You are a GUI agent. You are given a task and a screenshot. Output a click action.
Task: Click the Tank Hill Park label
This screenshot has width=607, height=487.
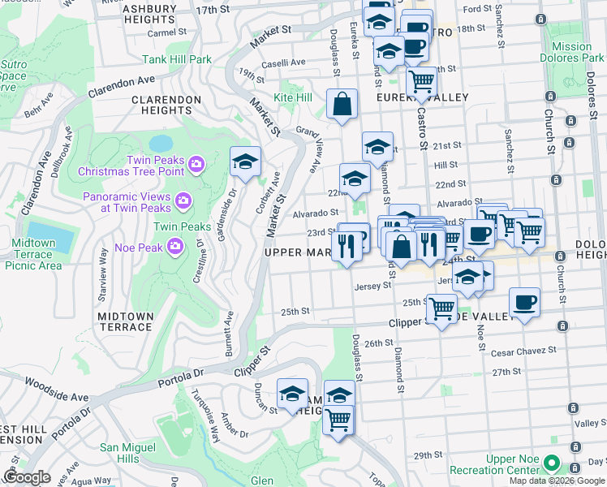177,59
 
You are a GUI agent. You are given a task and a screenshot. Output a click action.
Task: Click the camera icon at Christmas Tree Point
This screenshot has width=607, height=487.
196,166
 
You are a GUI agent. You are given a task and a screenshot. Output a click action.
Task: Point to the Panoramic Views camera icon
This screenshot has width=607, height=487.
183,199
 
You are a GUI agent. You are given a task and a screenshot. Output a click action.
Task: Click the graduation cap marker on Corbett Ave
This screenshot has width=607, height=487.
245,162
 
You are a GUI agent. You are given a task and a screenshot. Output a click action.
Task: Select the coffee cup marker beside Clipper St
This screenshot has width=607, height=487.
524,302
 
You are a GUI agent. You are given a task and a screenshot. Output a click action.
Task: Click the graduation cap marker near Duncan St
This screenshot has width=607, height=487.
292,394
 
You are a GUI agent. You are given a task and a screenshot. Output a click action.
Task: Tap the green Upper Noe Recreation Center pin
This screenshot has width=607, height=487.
552,463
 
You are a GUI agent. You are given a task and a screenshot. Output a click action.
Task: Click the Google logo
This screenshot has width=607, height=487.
27,477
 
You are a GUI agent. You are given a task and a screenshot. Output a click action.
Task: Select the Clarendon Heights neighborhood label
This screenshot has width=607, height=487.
166,105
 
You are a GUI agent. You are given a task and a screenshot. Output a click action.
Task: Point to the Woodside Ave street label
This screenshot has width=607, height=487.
55,398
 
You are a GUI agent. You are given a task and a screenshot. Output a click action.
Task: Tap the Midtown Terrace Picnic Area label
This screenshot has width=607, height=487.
28,254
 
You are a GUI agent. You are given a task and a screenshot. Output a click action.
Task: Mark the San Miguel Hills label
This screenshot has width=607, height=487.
128,453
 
